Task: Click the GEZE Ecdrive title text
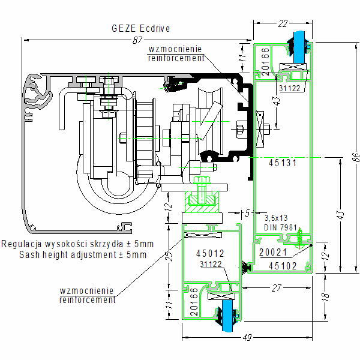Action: click(141, 28)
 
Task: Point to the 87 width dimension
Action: click(137, 40)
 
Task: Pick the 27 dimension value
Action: click(276, 288)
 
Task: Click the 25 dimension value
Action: click(169, 257)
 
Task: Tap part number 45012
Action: click(210, 254)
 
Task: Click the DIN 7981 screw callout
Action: click(281, 227)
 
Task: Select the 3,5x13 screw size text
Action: click(277, 218)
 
